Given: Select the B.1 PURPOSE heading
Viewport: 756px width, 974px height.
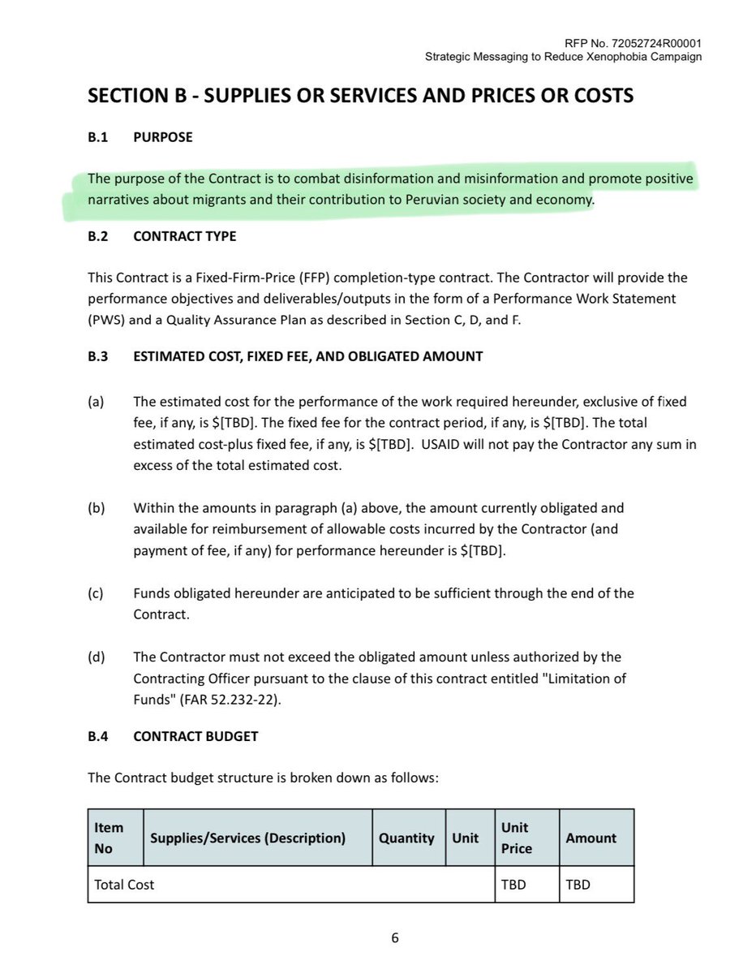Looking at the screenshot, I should click(x=140, y=137).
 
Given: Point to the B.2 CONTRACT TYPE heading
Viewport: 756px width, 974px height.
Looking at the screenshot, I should click(x=162, y=236).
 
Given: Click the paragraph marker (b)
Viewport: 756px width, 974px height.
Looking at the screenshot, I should click(x=96, y=508).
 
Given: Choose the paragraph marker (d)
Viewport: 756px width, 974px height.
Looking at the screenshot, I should click(x=96, y=657).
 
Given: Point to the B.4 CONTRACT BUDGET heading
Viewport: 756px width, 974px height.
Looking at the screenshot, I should click(x=173, y=736).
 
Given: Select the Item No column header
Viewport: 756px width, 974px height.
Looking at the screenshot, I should click(x=109, y=838).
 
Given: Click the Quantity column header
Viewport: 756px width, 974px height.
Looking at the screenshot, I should click(x=406, y=838).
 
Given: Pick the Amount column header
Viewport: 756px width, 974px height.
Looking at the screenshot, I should click(x=591, y=838).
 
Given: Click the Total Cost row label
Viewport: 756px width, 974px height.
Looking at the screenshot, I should click(x=124, y=885).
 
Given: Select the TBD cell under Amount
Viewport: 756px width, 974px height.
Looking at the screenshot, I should click(x=577, y=885).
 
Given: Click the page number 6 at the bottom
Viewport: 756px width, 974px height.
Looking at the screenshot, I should click(x=395, y=938).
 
